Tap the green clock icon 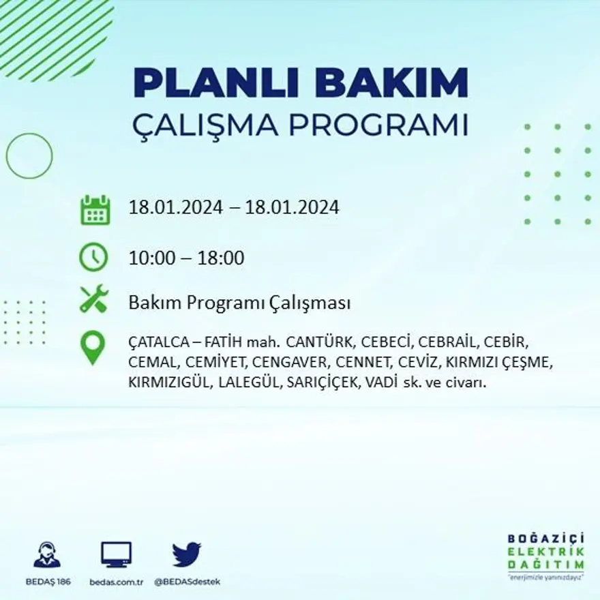pyautogui.click(x=94, y=258)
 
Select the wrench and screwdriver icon pyautogui.click(x=94, y=299)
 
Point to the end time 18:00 pyautogui.click(x=221, y=258)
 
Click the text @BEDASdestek pyautogui.click(x=187, y=582)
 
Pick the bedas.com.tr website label pyautogui.click(x=117, y=582)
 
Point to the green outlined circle pyautogui.click(x=29, y=156)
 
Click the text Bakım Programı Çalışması pyautogui.click(x=239, y=303)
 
